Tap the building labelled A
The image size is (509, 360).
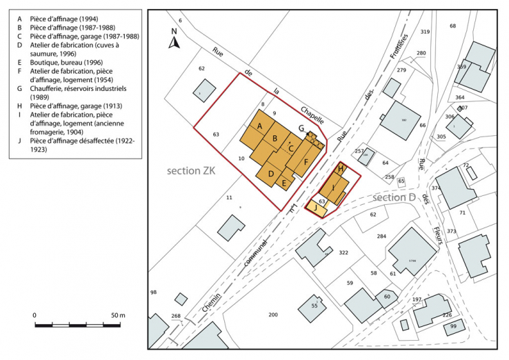coord(259,127)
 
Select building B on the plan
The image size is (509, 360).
coord(275,139)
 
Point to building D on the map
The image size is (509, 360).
coord(271,172)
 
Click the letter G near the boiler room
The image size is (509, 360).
coord(301,128)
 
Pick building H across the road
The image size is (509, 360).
coord(341,168)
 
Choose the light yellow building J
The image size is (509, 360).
coord(315,206)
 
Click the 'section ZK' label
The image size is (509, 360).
coord(191,170)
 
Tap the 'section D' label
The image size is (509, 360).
coord(394,198)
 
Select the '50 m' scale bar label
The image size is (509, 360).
coord(117,315)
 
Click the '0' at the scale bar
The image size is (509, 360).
coord(34,315)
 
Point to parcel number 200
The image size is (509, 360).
coord(272,314)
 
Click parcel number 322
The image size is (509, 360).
coord(343,252)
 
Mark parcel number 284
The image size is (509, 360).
coord(381,237)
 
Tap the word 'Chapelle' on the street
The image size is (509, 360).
coord(313,112)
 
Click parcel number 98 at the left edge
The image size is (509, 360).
coord(153,292)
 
